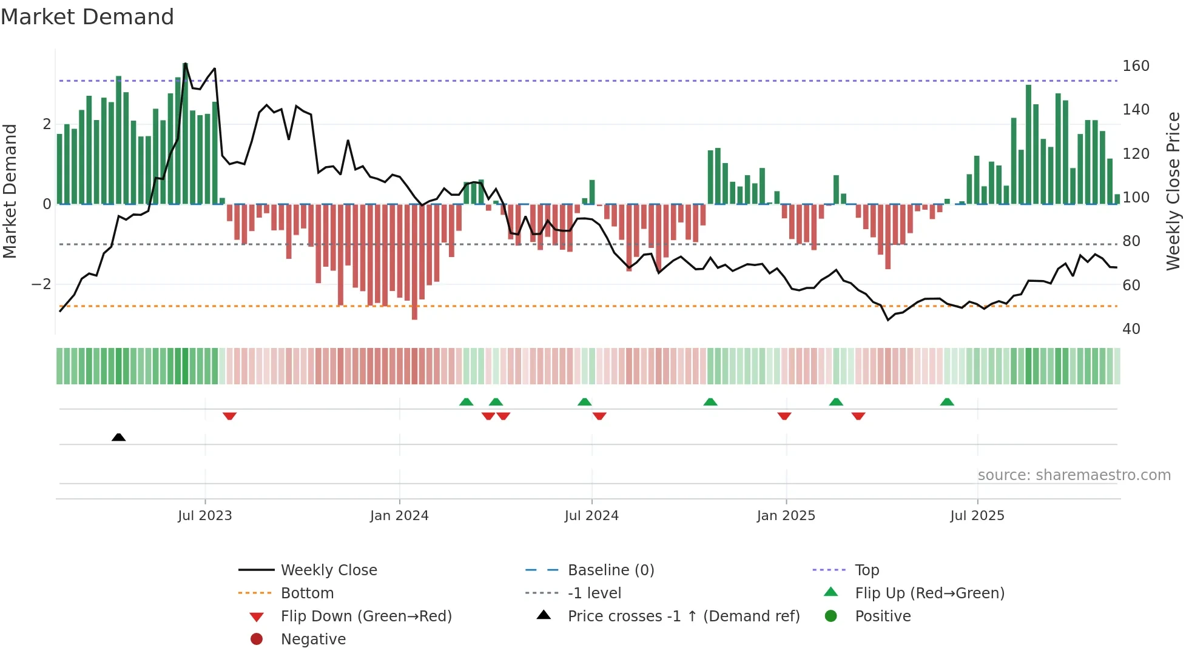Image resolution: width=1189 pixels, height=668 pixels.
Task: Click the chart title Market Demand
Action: pos(87,17)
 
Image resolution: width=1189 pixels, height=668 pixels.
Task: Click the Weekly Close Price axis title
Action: pos(1173,191)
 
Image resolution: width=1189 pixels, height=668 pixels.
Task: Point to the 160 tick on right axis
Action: pos(1136,66)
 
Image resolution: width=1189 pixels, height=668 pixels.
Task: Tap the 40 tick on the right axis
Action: pos(1131,329)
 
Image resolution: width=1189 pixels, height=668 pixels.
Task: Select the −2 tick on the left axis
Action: pos(41,284)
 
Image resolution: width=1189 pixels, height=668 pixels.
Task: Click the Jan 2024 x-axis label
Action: pos(399,516)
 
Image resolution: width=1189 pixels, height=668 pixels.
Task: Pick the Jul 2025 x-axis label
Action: pos(977,516)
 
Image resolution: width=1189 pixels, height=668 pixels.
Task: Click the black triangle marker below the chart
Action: pos(119,437)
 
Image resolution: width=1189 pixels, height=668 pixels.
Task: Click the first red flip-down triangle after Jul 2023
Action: pos(229,416)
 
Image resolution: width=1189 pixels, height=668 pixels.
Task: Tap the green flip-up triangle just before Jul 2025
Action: pos(947,402)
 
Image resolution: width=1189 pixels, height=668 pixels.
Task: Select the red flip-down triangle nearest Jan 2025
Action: pos(784,416)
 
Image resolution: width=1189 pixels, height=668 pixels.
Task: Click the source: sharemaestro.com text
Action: pos(1074,475)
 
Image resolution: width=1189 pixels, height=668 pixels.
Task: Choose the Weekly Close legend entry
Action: pos(328,570)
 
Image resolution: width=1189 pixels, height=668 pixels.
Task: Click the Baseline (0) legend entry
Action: pos(610,570)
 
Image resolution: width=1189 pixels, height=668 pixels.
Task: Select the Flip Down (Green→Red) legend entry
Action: pos(366,616)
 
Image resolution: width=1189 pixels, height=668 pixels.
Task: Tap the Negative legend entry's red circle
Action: pos(257,640)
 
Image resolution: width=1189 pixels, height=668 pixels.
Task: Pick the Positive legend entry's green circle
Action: pos(831,616)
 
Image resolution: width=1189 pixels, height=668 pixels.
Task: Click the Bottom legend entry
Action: pos(307,593)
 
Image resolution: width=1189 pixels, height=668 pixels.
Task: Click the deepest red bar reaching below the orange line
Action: pos(414,291)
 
